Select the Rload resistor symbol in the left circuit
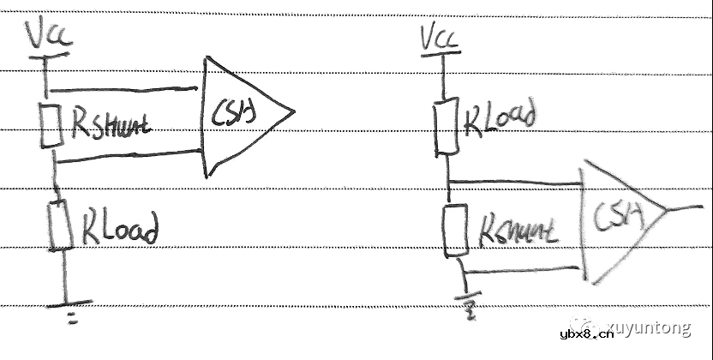[60, 225]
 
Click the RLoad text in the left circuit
[120, 229]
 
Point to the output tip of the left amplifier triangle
[293, 111]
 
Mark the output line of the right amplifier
[686, 207]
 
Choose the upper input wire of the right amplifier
[514, 182]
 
